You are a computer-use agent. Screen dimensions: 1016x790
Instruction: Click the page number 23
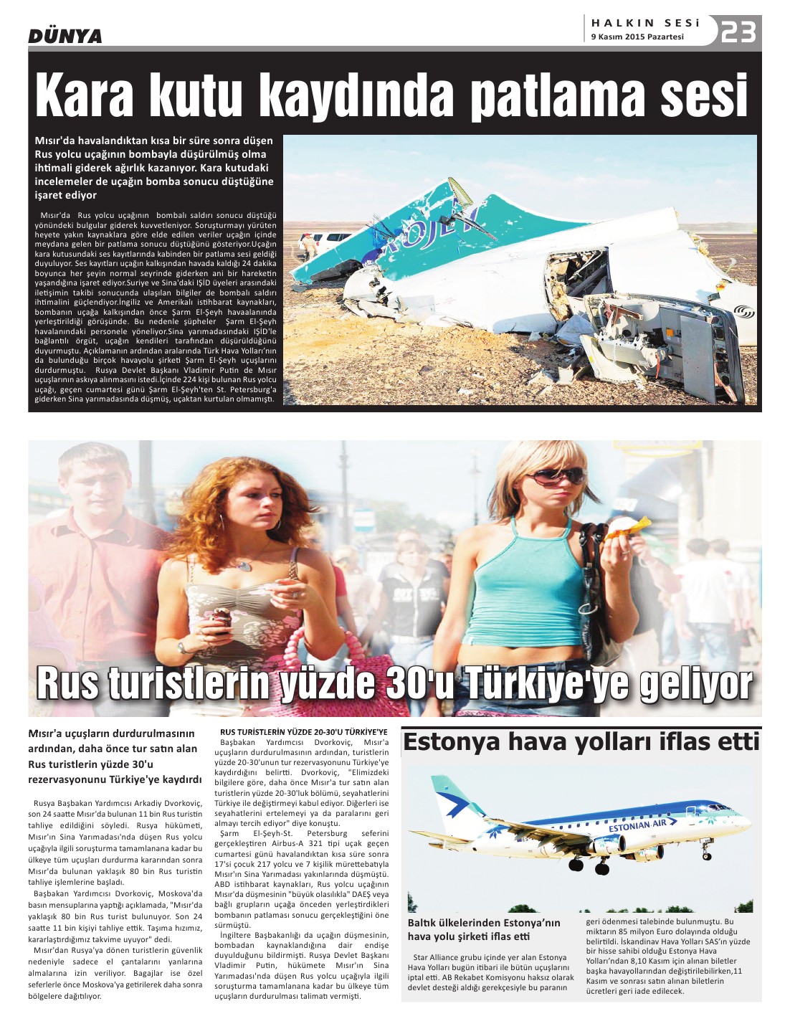pos(738,32)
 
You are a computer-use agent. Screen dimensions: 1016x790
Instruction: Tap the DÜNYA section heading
pos(65,36)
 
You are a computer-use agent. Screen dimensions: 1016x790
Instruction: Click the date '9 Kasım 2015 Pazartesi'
pos(637,37)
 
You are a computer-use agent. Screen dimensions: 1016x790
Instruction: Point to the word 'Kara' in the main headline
pos(85,95)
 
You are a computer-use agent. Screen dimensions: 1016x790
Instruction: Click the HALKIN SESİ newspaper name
pos(645,23)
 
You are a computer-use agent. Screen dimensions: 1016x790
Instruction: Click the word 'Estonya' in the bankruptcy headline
pos(452,741)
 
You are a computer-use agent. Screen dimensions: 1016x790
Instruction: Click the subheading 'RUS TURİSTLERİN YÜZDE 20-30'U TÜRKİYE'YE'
pos(303,731)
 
